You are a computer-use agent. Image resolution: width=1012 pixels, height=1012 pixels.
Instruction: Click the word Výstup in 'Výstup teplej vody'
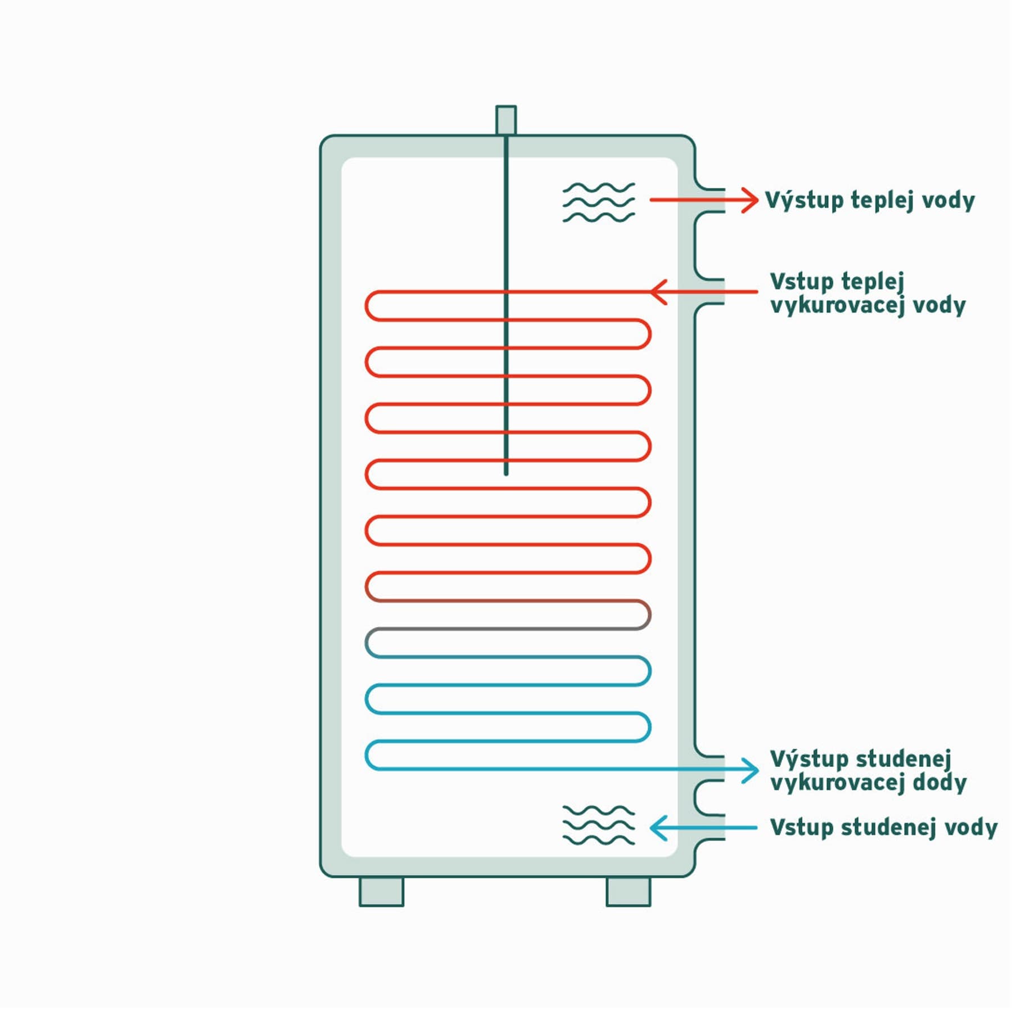[805, 200]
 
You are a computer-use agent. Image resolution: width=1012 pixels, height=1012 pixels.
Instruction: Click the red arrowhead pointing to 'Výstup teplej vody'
[750, 200]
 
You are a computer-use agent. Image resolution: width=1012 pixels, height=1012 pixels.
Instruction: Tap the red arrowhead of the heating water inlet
[658, 292]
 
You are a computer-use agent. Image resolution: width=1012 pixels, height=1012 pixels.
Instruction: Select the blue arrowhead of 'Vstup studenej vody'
[658, 828]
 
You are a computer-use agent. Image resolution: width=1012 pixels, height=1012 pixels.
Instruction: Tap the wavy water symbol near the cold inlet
[599, 825]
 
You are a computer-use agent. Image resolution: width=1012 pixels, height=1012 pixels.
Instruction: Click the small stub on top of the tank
[506, 120]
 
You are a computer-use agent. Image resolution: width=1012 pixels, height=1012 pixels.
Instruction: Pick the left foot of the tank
[382, 891]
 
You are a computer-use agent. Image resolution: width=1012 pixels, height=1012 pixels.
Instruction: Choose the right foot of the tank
[629, 891]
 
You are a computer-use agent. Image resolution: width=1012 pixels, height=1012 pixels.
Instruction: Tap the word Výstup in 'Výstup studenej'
[809, 760]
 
